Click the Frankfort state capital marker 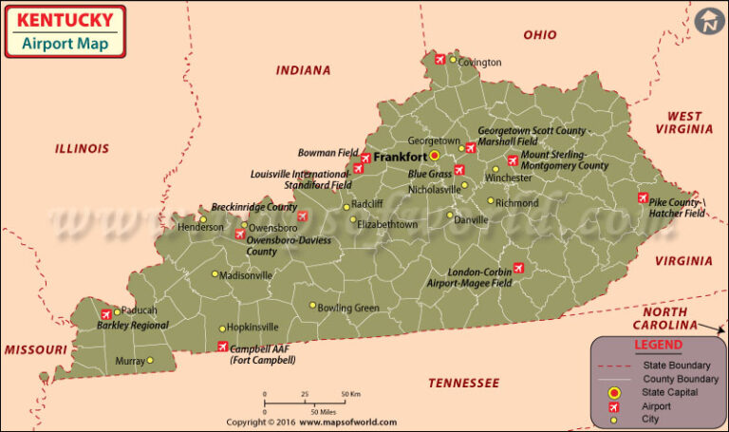click(435, 156)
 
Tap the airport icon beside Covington click(439, 60)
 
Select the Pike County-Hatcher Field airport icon click(643, 197)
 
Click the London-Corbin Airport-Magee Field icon click(518, 268)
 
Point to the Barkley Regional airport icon click(105, 313)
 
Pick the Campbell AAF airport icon click(222, 347)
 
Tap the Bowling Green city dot click(312, 306)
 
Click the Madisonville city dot click(215, 274)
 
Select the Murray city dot click(150, 360)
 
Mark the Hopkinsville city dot click(222, 329)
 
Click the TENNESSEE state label click(462, 383)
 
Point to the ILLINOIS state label click(82, 148)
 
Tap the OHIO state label click(539, 35)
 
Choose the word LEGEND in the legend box click(658, 345)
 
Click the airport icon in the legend click(614, 405)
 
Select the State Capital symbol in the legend click(614, 391)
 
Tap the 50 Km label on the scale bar click(348, 393)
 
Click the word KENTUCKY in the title click(65, 19)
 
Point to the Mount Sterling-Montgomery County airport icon click(513, 160)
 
